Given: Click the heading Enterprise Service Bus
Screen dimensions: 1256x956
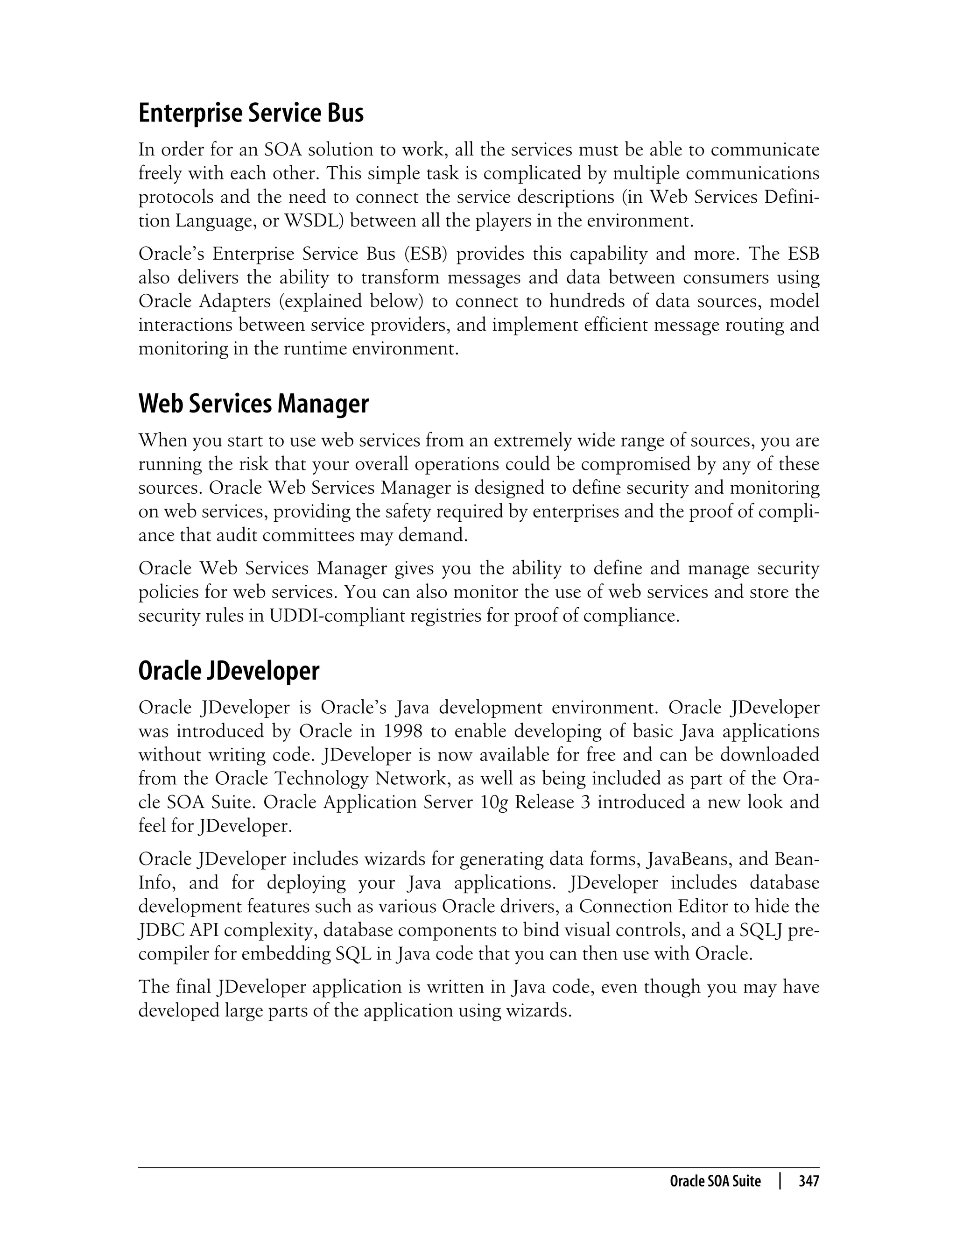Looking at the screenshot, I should tap(251, 114).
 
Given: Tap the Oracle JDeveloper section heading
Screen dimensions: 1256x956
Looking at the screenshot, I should tap(229, 671).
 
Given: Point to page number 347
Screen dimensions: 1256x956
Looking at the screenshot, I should tap(808, 1181).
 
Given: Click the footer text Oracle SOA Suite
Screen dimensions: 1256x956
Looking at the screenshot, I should tap(715, 1181).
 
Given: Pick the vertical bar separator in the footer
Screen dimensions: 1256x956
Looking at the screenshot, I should tap(780, 1181).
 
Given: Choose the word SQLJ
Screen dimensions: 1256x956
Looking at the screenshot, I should tap(762, 930).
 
